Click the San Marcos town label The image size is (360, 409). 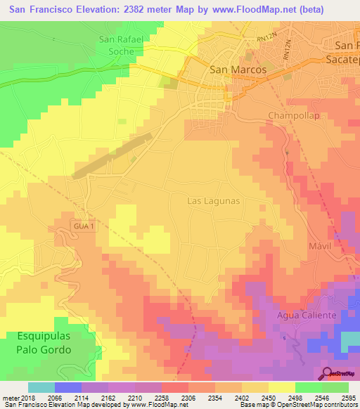[238, 70]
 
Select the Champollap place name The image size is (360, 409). [295, 115]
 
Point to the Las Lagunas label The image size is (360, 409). [214, 201]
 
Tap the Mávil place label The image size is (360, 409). [319, 247]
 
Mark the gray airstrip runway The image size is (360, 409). [112, 155]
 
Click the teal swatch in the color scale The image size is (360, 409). [41, 387]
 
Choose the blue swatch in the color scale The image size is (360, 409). [67, 387]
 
